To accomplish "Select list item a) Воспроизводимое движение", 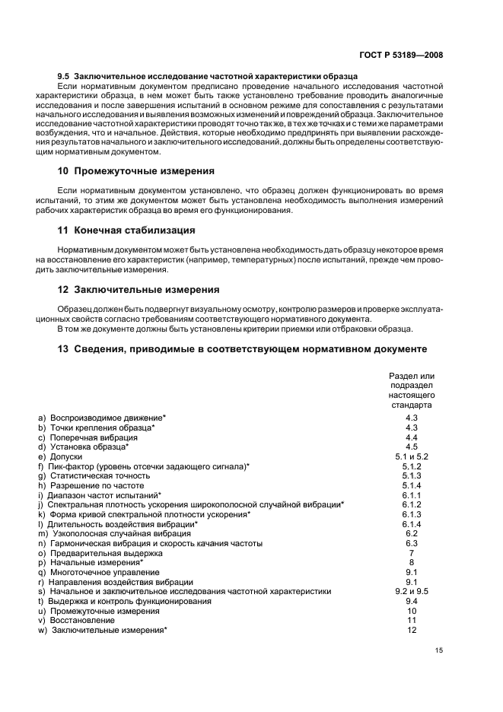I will [x=102, y=418].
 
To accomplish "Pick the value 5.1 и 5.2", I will [x=412, y=456].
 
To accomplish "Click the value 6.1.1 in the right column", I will [x=412, y=495].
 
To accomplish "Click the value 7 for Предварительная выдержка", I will [x=412, y=553].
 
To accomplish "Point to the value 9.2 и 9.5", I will [x=412, y=591].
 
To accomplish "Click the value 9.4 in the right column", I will [x=412, y=601].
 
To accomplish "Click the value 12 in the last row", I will [x=412, y=630].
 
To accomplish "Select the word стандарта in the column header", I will [x=412, y=406].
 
